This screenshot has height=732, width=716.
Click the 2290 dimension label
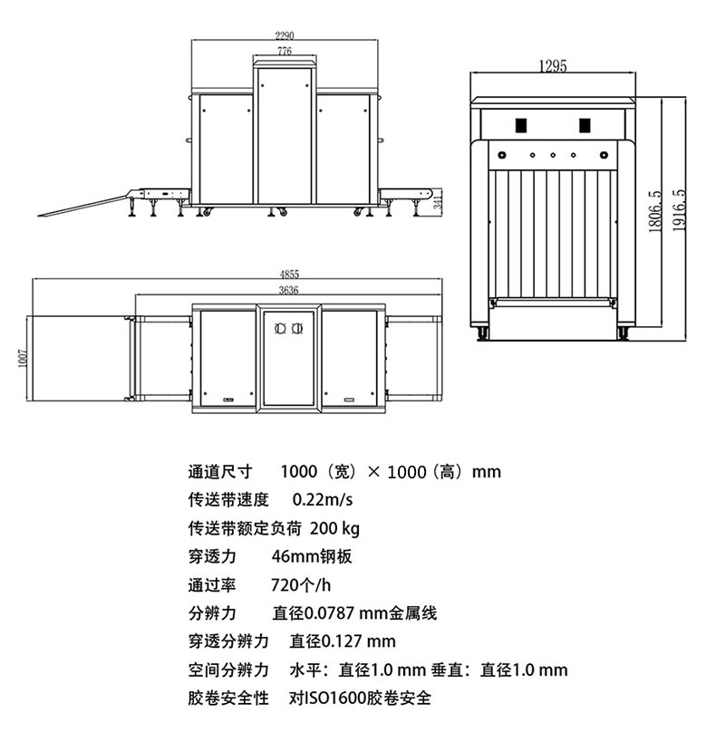tap(285, 35)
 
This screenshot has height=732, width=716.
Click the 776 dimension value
tap(285, 53)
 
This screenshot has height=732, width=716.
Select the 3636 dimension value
tap(288, 290)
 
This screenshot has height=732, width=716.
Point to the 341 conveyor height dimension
tap(438, 202)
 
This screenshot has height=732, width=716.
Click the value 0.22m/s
tap(323, 499)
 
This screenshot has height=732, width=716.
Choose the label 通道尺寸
tap(218, 471)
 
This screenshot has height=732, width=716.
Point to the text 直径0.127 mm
tap(343, 641)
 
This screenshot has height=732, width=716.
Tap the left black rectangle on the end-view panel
tap(521, 125)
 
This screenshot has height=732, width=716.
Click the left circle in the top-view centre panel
tap(279, 328)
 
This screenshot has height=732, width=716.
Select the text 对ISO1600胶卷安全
tap(360, 698)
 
